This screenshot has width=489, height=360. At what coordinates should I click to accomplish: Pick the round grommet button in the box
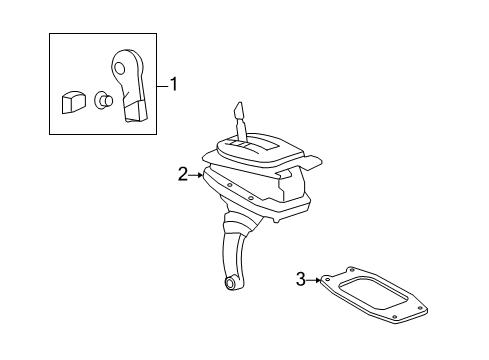(101, 99)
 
